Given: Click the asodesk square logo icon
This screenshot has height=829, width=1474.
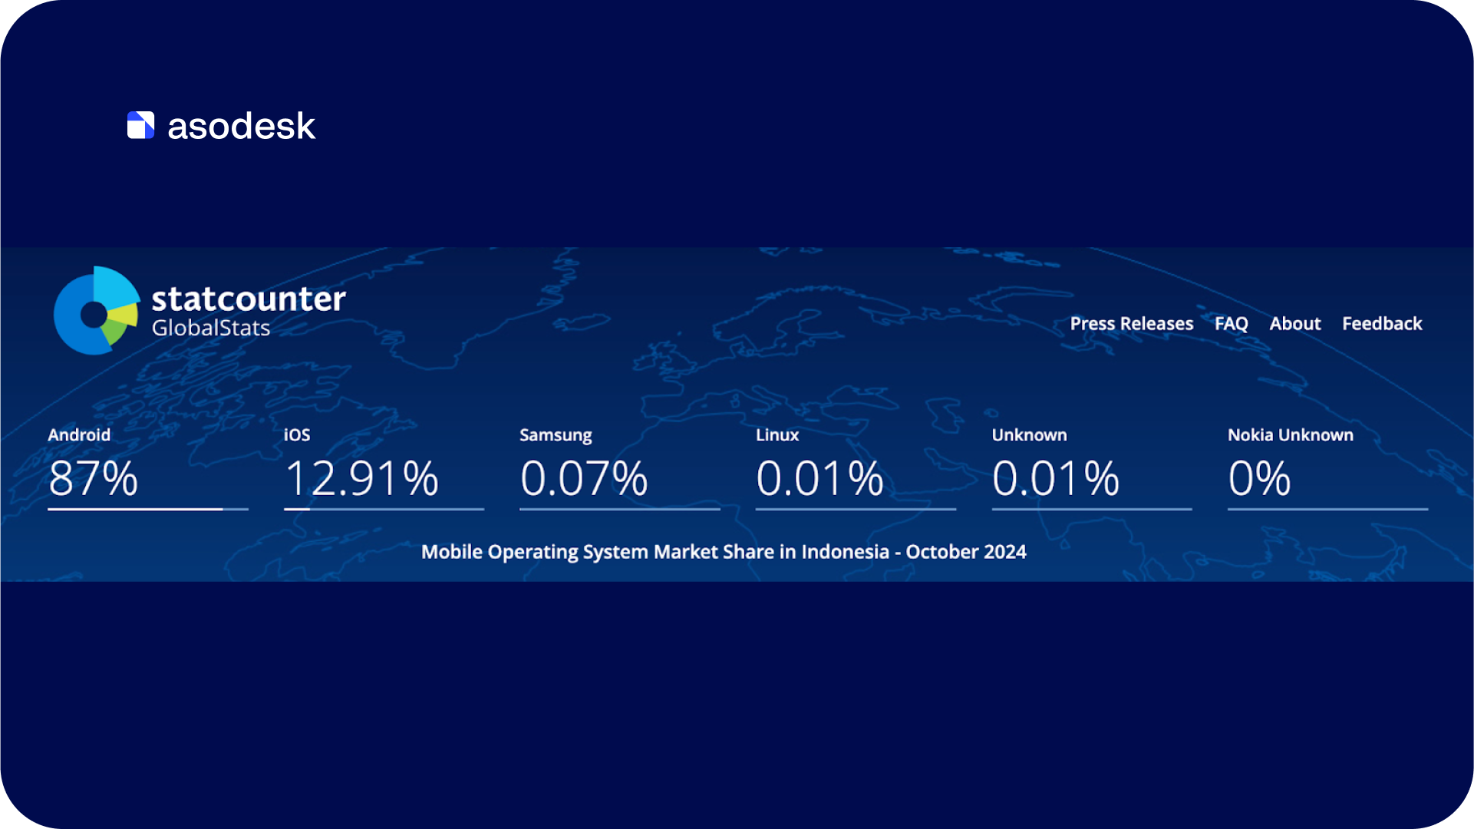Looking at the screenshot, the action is point(140,125).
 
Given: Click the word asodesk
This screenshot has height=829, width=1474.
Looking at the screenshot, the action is point(242,126).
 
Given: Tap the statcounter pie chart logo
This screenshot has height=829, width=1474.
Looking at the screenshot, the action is point(97,311).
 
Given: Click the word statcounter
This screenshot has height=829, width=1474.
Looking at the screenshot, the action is point(249,299).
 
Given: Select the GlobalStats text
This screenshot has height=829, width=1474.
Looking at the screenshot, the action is point(211,328).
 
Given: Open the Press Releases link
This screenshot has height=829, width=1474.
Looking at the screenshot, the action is point(1132,324).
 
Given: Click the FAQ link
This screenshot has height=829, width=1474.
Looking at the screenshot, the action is point(1232,324).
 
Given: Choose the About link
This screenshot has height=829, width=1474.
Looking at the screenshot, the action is point(1295,324).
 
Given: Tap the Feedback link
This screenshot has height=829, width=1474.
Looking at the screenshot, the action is point(1382,324).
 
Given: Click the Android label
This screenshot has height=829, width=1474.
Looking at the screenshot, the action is point(79,434).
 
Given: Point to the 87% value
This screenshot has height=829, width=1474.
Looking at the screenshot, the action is point(93,478).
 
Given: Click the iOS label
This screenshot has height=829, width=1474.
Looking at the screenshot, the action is point(297,435).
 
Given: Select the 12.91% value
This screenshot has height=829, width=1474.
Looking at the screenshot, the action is point(361,478).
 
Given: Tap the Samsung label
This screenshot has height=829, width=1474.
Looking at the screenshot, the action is point(556,435).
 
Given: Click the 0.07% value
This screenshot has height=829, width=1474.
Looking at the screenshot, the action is point(584,478).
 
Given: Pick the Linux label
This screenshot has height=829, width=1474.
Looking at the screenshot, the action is point(777,435).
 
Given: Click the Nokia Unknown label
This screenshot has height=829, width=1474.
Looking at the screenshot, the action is point(1291,435).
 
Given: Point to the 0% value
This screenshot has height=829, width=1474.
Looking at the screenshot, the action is point(1259,478).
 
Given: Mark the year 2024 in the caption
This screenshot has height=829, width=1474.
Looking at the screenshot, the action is point(1004,552).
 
